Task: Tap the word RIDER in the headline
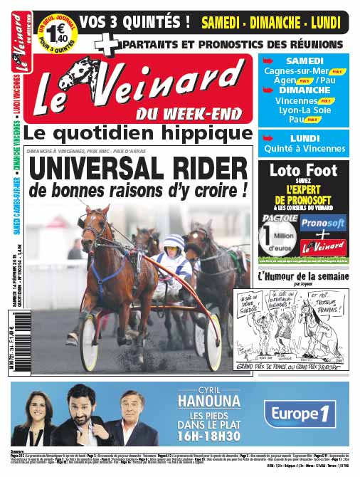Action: pos(203,170)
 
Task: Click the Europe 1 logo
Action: pos(299,414)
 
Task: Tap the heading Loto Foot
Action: pos(303,172)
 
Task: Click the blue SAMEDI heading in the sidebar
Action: pos(304,61)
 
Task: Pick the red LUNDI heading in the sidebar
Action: pos(304,138)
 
